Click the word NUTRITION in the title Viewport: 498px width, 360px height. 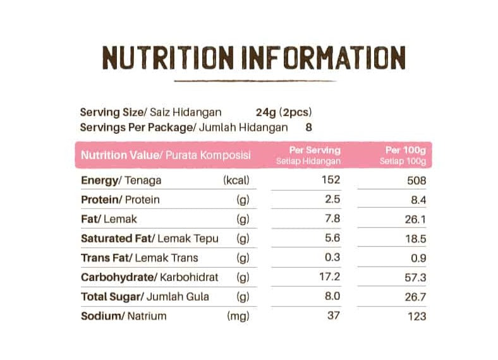pos(169,58)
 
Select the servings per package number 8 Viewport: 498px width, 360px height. pos(308,127)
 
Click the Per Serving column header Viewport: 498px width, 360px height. pos(314,150)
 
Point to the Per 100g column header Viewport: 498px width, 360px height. pos(405,150)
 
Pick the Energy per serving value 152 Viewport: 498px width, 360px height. pos(331,180)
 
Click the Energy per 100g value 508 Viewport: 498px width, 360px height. pos(417,181)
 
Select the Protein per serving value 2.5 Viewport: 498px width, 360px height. pos(332,200)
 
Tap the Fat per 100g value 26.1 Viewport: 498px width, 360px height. pos(416,219)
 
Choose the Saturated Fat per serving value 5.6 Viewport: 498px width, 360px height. pos(332,238)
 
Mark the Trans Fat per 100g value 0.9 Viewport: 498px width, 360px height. pos(418,258)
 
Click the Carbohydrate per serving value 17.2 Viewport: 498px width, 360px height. pos(331,277)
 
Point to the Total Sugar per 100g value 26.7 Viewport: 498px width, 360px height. pos(416,297)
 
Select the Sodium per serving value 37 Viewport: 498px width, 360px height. pos(334,315)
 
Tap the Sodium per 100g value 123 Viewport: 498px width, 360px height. pos(417,316)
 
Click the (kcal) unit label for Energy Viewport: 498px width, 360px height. pos(237,181)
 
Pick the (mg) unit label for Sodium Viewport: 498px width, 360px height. pos(238,316)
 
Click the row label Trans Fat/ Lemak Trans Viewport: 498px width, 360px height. pos(139,258)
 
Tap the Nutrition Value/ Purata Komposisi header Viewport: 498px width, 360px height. pos(166,155)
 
